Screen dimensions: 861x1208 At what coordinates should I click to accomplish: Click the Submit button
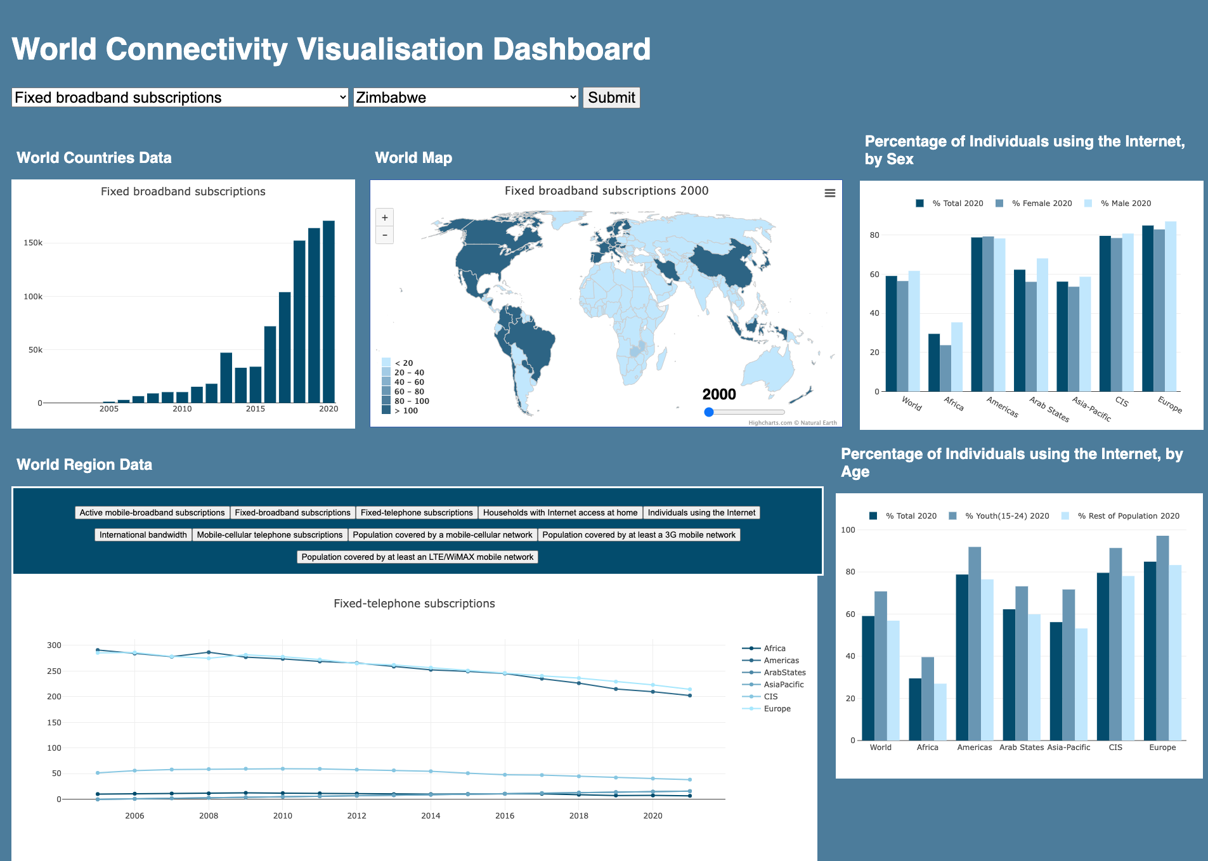[611, 98]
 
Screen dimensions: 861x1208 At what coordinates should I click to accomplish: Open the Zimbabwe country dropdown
[465, 98]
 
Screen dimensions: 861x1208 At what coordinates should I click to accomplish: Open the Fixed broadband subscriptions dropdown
[179, 98]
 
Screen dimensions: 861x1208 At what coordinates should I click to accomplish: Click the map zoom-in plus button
[384, 217]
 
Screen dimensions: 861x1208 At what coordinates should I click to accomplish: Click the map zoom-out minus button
[384, 235]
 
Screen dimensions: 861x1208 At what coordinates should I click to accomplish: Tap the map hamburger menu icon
[829, 193]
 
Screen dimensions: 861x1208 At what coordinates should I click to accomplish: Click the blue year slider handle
[709, 412]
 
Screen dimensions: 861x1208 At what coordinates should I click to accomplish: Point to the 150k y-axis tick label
[33, 243]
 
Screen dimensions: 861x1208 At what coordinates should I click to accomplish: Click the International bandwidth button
[143, 535]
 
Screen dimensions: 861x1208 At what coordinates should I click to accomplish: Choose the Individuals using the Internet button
[701, 513]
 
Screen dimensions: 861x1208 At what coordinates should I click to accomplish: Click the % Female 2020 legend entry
[1041, 204]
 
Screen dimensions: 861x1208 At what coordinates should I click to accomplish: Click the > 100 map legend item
[406, 411]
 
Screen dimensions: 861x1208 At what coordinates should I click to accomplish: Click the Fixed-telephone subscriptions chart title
[414, 604]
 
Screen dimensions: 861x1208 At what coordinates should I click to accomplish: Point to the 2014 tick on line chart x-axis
[431, 816]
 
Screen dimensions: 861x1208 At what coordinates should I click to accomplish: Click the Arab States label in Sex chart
[1049, 410]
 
